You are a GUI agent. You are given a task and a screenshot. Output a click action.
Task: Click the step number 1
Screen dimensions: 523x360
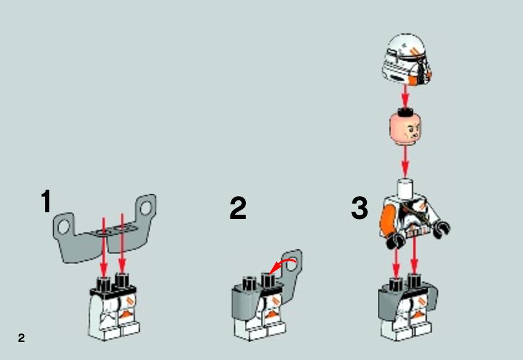[x=46, y=201]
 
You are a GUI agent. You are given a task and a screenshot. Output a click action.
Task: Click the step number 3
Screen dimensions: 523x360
[x=360, y=208]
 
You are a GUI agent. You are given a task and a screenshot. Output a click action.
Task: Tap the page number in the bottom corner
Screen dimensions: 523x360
[x=22, y=338]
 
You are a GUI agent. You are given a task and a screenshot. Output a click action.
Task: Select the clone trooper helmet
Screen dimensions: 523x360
[x=406, y=60]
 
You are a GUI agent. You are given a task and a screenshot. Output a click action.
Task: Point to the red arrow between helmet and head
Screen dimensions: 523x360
[x=405, y=96]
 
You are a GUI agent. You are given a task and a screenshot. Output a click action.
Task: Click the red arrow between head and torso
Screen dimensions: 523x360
[x=405, y=162]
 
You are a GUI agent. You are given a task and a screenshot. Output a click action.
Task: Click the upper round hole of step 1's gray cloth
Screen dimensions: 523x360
[x=145, y=208]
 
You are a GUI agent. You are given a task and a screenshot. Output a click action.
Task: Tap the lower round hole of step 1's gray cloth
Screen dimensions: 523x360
[x=63, y=227]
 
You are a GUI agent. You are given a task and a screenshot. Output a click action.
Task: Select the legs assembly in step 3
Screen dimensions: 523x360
[x=408, y=307]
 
